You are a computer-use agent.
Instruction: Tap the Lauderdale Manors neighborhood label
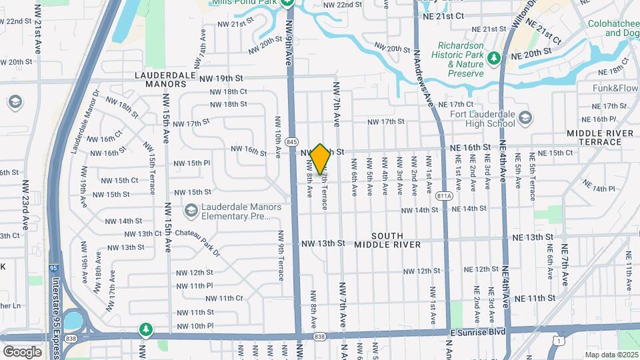pos(169,79)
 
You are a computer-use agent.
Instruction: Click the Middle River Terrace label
pos(599,137)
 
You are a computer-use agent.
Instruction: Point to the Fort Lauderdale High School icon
pos(525,118)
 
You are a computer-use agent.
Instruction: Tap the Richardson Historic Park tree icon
pos(493,59)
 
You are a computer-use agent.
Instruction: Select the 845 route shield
pos(291,141)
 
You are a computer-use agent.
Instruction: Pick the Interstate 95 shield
pos(53,268)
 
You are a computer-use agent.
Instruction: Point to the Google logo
pos(22,351)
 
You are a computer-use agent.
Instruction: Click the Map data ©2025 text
pos(611,355)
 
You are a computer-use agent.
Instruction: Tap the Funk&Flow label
pos(615,88)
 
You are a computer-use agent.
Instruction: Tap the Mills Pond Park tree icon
pos(287,3)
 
